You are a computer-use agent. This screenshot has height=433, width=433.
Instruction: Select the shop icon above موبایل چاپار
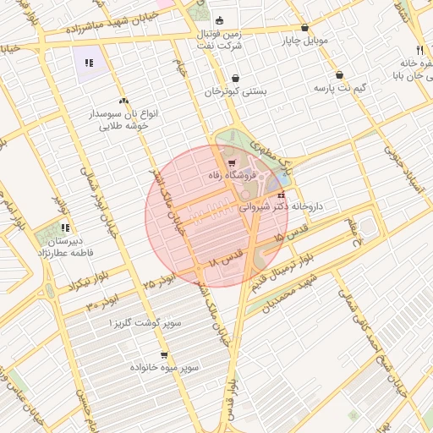(304, 27)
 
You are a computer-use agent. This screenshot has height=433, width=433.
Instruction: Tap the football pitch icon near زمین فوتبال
(220, 20)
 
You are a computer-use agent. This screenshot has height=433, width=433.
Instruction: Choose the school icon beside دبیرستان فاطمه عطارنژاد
(65, 227)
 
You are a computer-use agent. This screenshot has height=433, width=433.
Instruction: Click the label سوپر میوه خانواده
(163, 369)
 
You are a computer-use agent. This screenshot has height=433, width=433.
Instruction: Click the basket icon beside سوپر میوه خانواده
(163, 355)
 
